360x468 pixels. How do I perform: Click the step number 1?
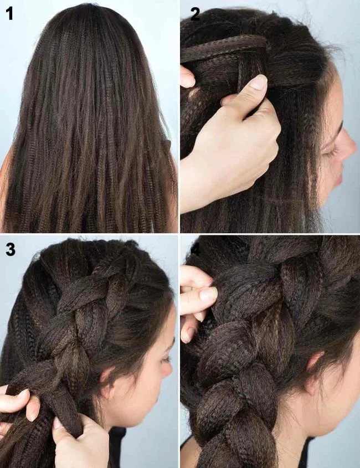(9, 13)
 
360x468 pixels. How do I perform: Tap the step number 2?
(195, 13)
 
